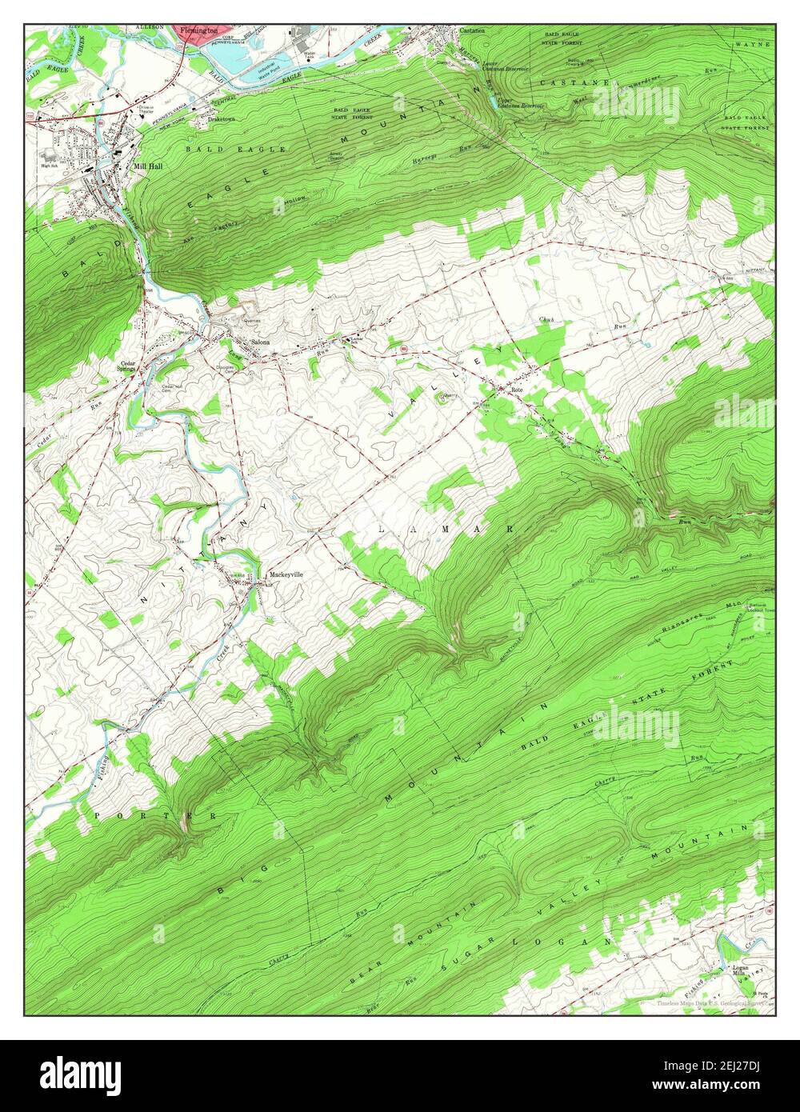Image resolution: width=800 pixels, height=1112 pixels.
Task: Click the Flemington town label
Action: (x=198, y=30)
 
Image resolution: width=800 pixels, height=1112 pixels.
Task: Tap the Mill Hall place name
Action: (x=148, y=166)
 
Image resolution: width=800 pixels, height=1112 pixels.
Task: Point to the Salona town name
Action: (x=260, y=342)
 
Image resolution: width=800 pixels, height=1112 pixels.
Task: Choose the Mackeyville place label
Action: (x=286, y=575)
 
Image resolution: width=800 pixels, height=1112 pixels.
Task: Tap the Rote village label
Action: (x=517, y=390)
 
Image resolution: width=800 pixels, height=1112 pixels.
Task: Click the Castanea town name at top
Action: (x=472, y=30)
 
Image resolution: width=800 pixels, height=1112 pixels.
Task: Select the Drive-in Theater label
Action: (x=145, y=110)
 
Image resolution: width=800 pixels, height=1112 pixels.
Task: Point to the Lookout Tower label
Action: (x=759, y=610)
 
